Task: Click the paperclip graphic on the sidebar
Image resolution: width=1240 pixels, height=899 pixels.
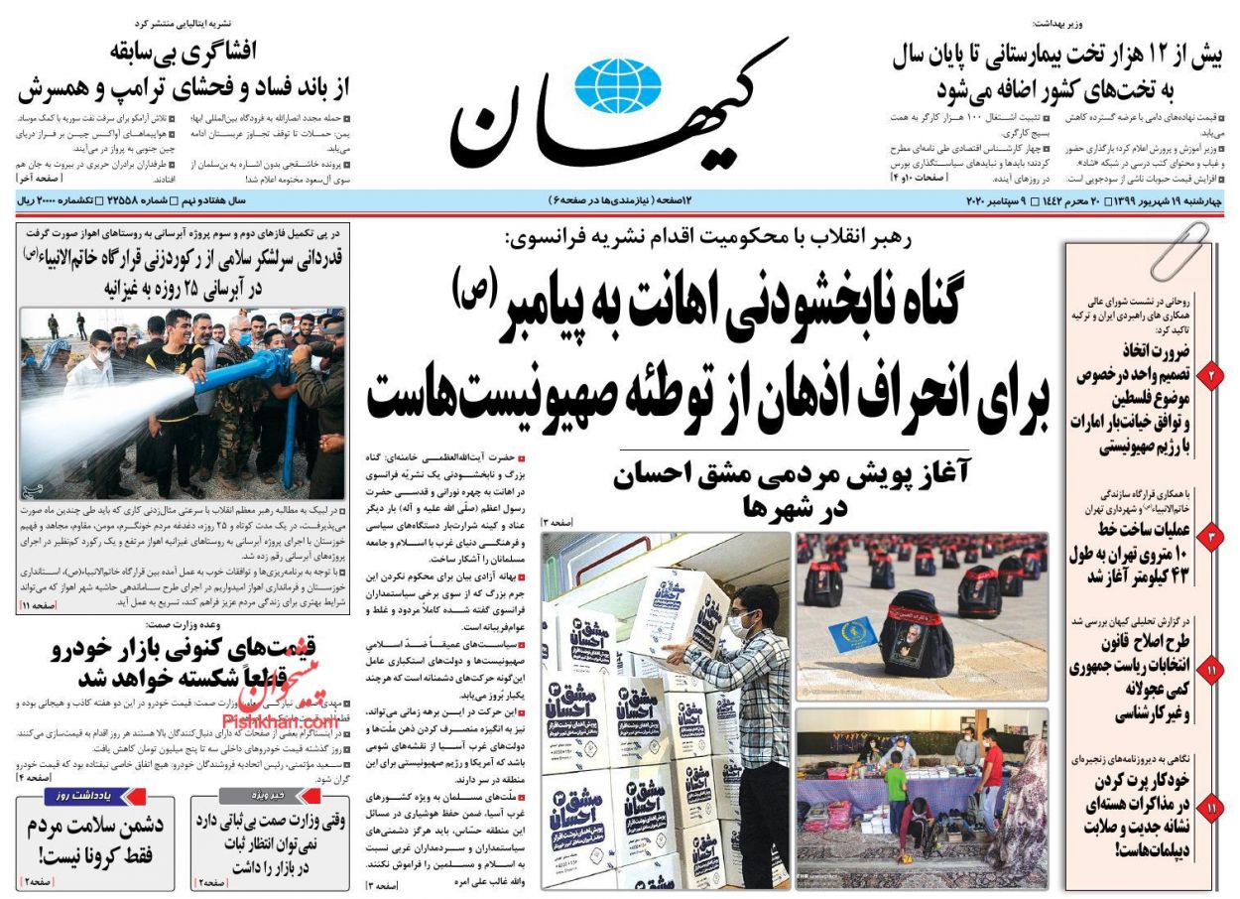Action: [x=1179, y=250]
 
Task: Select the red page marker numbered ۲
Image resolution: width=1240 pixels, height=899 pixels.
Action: [x=1212, y=376]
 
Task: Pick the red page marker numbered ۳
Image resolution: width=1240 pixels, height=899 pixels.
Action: [x=1212, y=538]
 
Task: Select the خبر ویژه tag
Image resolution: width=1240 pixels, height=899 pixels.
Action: [x=269, y=796]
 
